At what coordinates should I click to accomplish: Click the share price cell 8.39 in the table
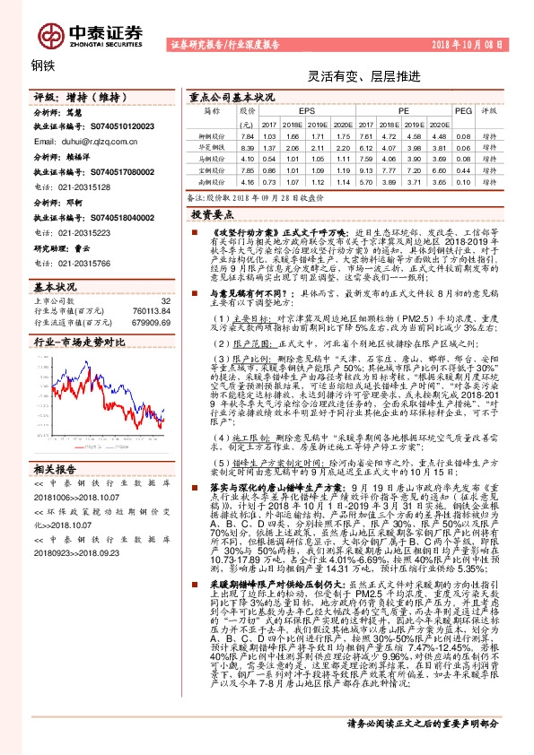[249, 146]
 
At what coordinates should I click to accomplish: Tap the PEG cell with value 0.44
[462, 169]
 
